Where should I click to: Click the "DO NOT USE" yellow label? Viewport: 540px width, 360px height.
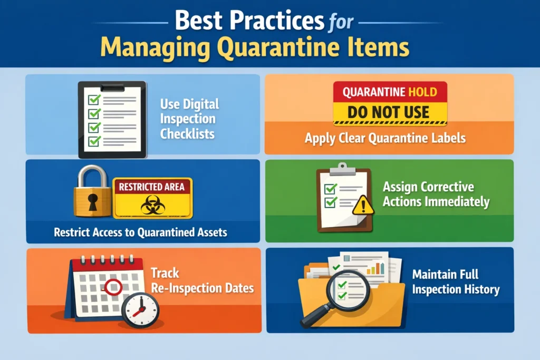click(x=389, y=112)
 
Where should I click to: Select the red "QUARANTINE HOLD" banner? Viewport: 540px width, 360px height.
click(x=389, y=92)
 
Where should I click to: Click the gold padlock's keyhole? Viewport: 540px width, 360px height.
click(x=93, y=201)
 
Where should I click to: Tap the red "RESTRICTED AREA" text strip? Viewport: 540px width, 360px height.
click(x=152, y=187)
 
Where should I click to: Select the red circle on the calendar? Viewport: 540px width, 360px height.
click(x=113, y=287)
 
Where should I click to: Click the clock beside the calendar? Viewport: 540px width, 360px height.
click(x=140, y=309)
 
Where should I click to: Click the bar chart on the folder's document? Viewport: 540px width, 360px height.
click(x=375, y=268)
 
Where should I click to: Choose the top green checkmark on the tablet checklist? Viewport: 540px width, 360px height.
click(x=94, y=99)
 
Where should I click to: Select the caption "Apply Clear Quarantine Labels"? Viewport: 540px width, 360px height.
click(x=385, y=139)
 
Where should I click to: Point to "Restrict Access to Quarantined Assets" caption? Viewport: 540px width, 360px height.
click(x=140, y=232)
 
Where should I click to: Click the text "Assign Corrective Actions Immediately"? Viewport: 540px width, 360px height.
click(x=436, y=194)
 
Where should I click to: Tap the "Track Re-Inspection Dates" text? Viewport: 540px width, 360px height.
click(x=202, y=281)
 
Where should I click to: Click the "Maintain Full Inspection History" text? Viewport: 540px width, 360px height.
click(x=456, y=282)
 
